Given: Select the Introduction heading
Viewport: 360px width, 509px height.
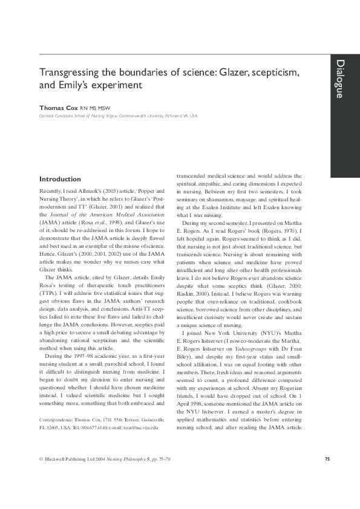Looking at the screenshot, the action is (60, 179).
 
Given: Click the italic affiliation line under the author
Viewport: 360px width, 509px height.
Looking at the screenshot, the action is (117, 115).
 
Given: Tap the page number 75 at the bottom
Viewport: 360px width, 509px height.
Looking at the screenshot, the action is (327, 459).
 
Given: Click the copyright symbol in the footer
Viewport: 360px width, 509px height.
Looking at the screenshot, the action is (41, 459).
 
